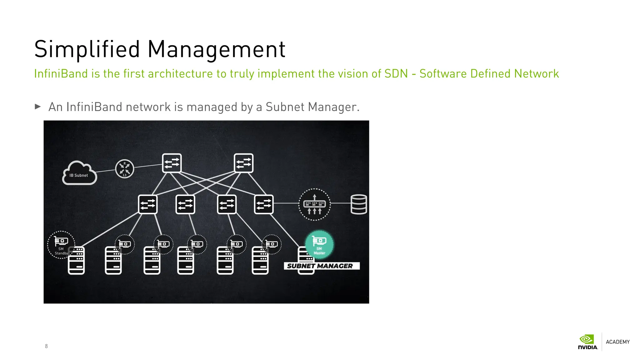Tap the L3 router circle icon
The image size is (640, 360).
tap(125, 169)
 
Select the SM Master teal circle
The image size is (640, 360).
tap(319, 244)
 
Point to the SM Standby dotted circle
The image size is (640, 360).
tap(61, 245)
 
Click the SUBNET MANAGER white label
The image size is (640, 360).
tap(322, 266)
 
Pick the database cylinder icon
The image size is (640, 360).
tap(358, 204)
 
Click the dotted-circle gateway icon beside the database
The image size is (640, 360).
tap(314, 204)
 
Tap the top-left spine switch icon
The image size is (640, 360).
tap(172, 163)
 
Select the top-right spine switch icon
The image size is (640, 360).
tap(243, 163)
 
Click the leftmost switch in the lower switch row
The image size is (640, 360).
tap(148, 204)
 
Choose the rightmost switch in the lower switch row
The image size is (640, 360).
tap(264, 204)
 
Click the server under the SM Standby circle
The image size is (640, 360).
tap(76, 260)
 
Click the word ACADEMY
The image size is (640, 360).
tap(617, 342)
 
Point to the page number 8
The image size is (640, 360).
tap(46, 346)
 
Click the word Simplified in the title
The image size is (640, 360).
tap(87, 49)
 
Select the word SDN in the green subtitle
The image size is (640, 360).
tap(396, 74)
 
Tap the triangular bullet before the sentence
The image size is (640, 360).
tap(38, 107)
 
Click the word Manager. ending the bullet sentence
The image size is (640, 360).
tap(334, 107)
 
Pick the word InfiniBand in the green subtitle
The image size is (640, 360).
tap(61, 74)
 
